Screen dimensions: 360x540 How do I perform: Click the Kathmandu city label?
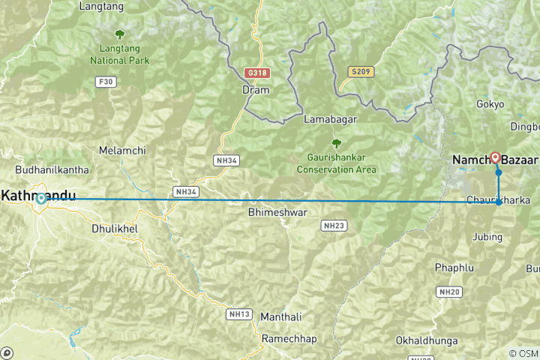point(39,196)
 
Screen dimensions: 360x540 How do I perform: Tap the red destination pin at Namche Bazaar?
point(495,157)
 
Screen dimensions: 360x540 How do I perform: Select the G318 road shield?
point(256,73)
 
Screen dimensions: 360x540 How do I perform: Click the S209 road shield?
point(360,72)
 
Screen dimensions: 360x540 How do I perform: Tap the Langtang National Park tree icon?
point(119,34)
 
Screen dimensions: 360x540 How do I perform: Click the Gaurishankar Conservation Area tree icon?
point(336,142)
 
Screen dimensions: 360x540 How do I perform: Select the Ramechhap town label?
point(289,339)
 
